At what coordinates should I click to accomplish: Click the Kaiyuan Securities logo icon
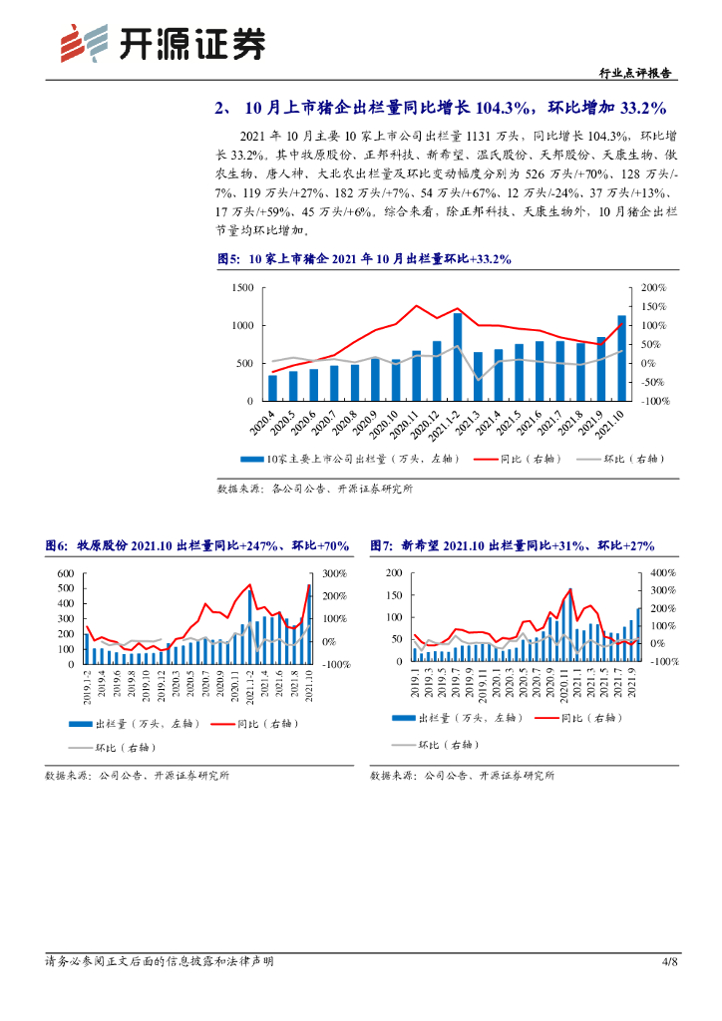pos(83,43)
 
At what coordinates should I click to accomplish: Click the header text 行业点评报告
pos(635,73)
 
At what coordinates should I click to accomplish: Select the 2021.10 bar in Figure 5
pos(622,358)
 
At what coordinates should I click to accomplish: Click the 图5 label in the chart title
pos(228,259)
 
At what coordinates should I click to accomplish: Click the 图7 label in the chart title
pos(381,545)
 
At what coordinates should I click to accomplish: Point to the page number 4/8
pos(670,961)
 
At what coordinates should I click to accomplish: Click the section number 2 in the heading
pos(220,108)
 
